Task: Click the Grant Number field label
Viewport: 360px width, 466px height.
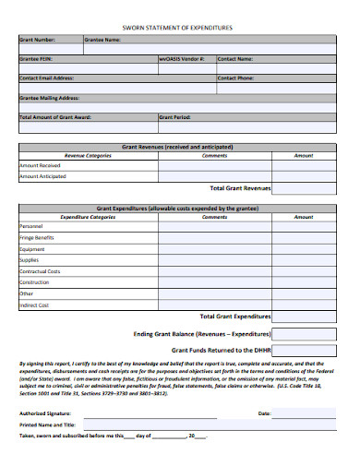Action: [38, 41]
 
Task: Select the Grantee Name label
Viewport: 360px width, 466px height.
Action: [102, 41]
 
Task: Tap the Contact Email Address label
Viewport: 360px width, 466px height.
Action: [48, 78]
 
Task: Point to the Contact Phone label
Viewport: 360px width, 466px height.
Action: [236, 78]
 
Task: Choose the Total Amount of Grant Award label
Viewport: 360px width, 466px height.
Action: [56, 117]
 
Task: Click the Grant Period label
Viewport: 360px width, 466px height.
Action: [175, 117]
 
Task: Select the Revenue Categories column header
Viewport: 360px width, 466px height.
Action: [87, 156]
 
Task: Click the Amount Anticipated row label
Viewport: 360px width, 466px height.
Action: [42, 177]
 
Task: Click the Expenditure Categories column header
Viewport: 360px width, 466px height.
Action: [88, 217]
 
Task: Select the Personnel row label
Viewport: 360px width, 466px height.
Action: [31, 227]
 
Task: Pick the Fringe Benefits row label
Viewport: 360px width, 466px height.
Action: [37, 238]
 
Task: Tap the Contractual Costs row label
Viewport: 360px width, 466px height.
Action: [40, 271]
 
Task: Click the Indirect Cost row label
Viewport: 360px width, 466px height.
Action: [34, 305]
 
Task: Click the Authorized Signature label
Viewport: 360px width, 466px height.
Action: [44, 413]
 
